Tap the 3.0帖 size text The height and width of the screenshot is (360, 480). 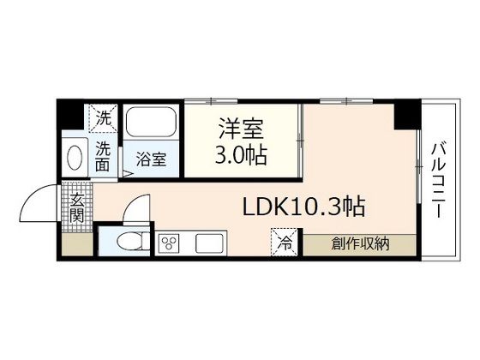tap(241, 156)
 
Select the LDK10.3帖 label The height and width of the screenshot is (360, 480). tap(305, 207)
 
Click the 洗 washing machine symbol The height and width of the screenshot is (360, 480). tap(103, 119)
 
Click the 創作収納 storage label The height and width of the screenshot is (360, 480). tap(361, 243)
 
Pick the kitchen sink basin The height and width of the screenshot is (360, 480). tap(209, 243)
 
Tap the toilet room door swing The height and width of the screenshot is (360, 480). tap(135, 211)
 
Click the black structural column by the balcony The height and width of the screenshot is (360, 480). tap(405, 113)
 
